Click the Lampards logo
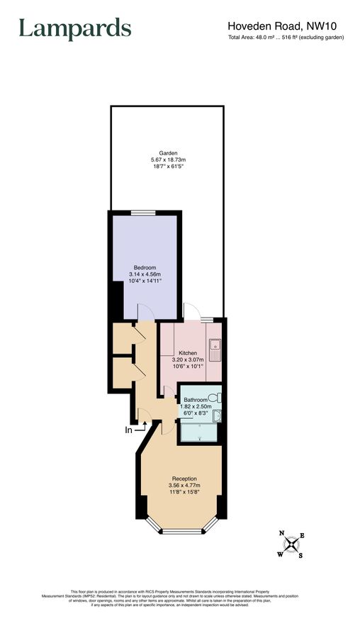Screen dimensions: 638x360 point(74,29)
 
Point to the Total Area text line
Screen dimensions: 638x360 point(286,38)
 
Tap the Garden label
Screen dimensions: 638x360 point(168,153)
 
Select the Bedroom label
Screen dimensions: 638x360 point(145,267)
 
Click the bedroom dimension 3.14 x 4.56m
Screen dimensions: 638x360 point(145,274)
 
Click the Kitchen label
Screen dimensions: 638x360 point(188,353)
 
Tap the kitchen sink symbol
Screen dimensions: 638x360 point(215,348)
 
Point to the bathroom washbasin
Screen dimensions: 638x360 point(218,416)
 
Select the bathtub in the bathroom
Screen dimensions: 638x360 point(201,432)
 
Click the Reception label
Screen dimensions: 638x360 point(184,478)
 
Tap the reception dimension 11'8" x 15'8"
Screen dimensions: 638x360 point(184,493)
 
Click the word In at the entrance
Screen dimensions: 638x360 point(129,430)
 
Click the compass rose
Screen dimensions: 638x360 point(291,544)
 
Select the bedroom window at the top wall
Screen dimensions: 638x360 point(142,212)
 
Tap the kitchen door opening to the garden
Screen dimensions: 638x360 point(191,312)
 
